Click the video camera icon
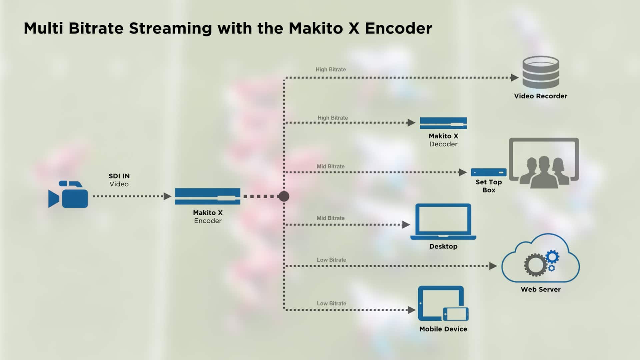(x=68, y=195)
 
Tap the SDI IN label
(x=119, y=176)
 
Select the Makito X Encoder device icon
(x=207, y=196)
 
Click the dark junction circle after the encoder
(x=284, y=196)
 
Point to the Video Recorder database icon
(x=541, y=72)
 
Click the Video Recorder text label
(x=540, y=96)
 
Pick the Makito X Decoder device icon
(x=443, y=123)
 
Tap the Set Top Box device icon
(x=488, y=172)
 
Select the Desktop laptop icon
(x=443, y=221)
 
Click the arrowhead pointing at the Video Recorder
(x=514, y=78)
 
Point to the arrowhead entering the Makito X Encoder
(x=167, y=196)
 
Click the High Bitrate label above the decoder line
(x=332, y=118)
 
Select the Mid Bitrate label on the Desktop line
(x=330, y=218)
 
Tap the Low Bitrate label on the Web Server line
(x=331, y=260)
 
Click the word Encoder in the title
(x=398, y=28)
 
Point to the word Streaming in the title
(x=170, y=28)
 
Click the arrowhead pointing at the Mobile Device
(x=412, y=310)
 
